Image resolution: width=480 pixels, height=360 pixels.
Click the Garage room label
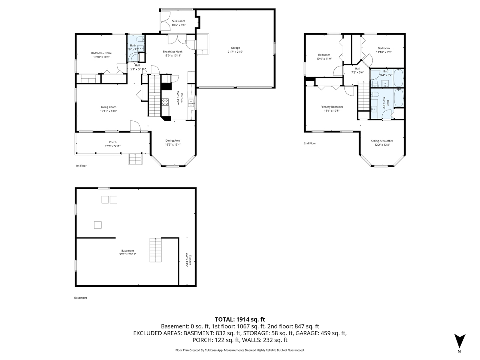(235, 48)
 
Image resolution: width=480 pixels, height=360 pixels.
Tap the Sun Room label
(178, 21)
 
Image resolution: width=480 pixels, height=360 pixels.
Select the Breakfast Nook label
(172, 51)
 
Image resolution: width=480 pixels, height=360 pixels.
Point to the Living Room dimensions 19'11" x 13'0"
(108, 111)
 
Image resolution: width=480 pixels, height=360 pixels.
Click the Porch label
(113, 142)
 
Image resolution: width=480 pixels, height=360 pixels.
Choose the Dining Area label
(173, 140)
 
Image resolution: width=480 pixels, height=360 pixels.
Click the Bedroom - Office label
(101, 53)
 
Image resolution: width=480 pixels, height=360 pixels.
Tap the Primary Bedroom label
(332, 107)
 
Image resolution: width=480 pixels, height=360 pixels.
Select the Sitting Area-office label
(382, 141)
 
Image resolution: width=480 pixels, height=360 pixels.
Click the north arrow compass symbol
(460, 341)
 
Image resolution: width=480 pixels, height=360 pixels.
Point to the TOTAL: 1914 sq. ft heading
(240, 319)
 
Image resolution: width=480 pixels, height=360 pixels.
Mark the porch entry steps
(135, 160)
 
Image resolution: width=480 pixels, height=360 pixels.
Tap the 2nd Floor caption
(310, 143)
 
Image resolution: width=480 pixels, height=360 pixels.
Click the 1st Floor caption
(81, 166)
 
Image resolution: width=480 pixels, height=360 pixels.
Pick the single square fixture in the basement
(98, 225)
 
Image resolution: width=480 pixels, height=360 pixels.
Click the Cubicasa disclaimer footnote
(240, 350)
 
